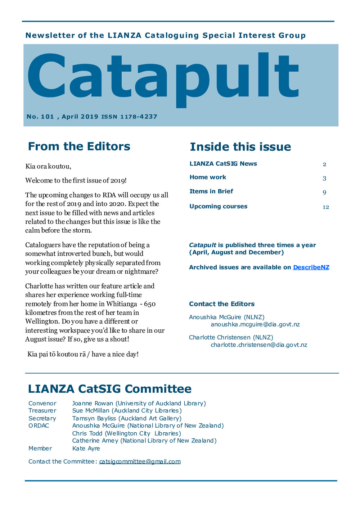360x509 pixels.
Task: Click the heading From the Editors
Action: (x=79, y=147)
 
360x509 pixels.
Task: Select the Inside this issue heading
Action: (x=240, y=147)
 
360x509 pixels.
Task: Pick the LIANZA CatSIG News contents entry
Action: (x=223, y=164)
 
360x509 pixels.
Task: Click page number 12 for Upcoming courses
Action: (x=325, y=207)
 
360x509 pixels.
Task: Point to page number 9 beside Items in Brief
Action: (x=324, y=193)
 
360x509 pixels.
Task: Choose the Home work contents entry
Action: (x=208, y=177)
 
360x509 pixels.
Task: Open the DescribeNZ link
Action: (x=311, y=267)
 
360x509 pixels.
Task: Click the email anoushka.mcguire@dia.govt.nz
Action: (x=255, y=324)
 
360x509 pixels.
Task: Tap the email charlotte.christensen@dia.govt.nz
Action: (x=258, y=345)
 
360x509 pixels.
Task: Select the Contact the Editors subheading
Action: (x=221, y=304)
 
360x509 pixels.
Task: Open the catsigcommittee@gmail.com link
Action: (x=140, y=461)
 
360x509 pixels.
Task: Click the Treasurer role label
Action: (x=42, y=411)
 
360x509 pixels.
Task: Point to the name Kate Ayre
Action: (x=86, y=449)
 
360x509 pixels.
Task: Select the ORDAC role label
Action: (x=39, y=426)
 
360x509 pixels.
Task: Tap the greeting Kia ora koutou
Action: (x=48, y=166)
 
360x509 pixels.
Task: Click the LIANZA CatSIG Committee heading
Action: (x=109, y=389)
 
